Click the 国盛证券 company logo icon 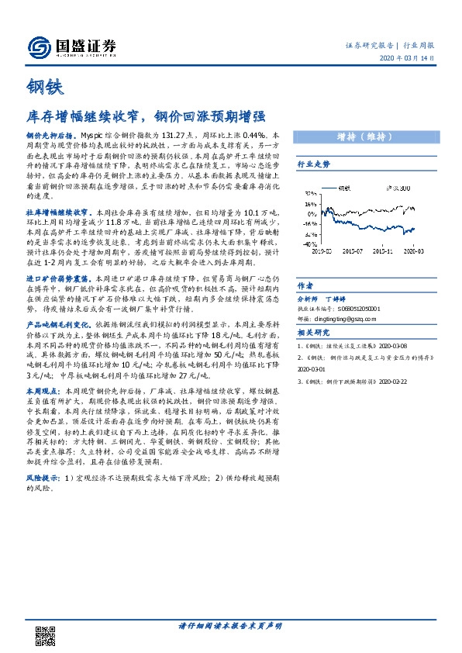[x=39, y=47]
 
